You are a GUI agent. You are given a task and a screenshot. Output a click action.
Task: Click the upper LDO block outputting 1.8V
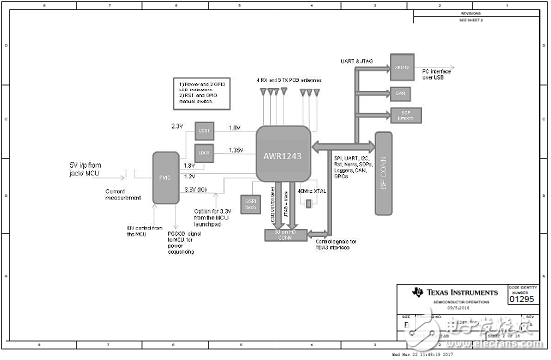pyautogui.click(x=204, y=132)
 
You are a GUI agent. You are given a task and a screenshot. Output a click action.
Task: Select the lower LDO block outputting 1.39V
pyautogui.click(x=204, y=153)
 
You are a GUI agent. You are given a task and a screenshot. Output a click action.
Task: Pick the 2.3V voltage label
pyautogui.click(x=177, y=126)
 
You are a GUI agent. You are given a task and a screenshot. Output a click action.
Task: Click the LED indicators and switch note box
pyautogui.click(x=207, y=91)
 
